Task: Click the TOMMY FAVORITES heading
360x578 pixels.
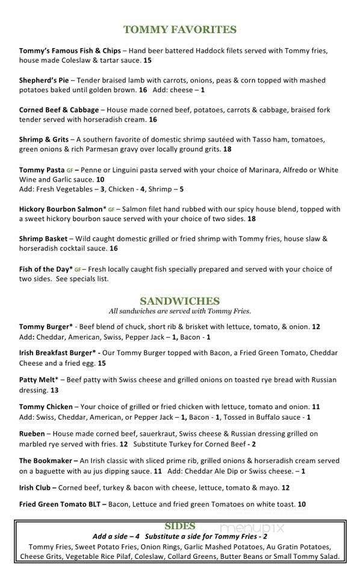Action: click(x=179, y=30)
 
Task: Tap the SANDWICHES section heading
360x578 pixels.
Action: click(x=179, y=301)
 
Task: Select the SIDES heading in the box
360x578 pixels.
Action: click(x=179, y=526)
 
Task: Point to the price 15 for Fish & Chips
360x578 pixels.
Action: click(x=147, y=61)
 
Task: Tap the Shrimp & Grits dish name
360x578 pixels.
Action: click(x=43, y=139)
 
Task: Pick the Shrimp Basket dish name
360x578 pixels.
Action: click(x=43, y=238)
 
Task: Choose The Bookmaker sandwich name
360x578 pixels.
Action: click(x=45, y=461)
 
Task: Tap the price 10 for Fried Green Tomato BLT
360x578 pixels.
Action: click(x=302, y=504)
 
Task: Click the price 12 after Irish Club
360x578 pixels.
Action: click(x=285, y=488)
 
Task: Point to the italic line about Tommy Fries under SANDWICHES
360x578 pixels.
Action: click(x=179, y=311)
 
